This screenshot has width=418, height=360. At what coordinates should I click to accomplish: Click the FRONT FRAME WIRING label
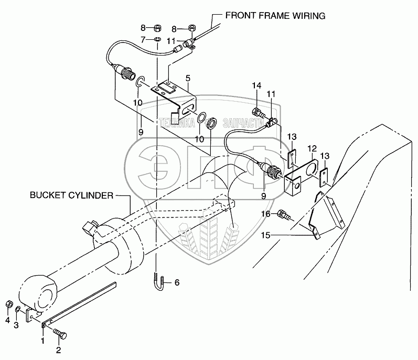(x=275, y=16)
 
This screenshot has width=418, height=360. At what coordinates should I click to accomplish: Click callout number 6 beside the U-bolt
(x=177, y=283)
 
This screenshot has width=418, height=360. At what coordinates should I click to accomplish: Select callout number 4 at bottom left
(x=7, y=321)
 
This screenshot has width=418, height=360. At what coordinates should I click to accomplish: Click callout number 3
(x=16, y=325)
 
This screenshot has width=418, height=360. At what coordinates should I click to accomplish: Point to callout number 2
(x=58, y=350)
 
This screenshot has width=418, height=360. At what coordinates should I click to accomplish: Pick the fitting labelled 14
(x=259, y=112)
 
